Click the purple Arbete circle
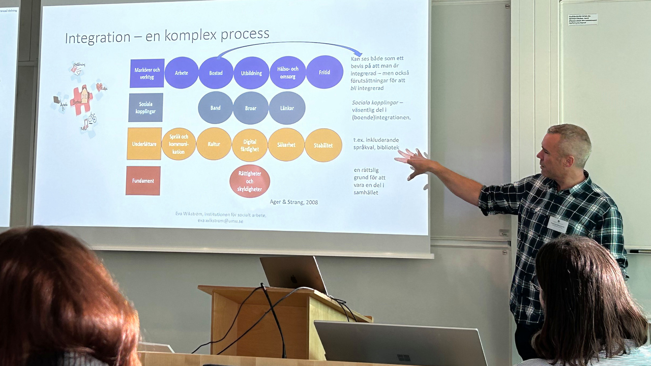181,73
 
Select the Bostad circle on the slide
216,73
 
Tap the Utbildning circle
251,73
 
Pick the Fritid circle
324,72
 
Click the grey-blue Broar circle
251,108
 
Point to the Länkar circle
287,108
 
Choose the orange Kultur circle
214,144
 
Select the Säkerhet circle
286,144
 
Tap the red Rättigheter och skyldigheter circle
250,181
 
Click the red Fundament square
143,181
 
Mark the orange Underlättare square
144,144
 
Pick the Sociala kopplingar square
146,107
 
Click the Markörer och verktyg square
147,73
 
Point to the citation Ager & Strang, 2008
294,202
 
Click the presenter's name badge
557,224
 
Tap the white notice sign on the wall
582,19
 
